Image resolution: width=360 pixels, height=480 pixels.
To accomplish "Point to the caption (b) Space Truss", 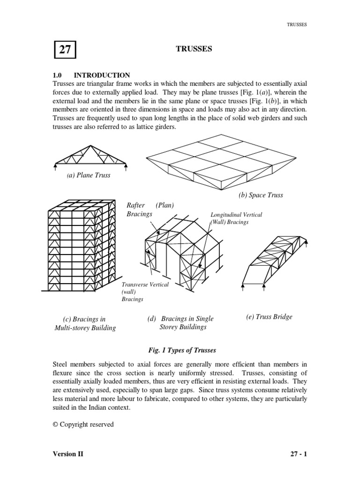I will point(261,195).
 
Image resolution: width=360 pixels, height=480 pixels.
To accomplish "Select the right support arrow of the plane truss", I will point(126,165).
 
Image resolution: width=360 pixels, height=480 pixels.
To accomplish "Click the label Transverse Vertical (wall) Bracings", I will point(145,292).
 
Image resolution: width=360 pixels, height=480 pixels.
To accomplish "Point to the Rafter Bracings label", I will point(140,210).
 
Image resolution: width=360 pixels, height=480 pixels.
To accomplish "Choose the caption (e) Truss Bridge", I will point(269,316).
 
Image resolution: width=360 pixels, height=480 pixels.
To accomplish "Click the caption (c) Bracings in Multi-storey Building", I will point(84,323).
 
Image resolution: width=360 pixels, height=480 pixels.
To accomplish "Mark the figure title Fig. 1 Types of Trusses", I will point(180,350).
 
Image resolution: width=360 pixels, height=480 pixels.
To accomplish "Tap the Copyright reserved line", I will point(83,424).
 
